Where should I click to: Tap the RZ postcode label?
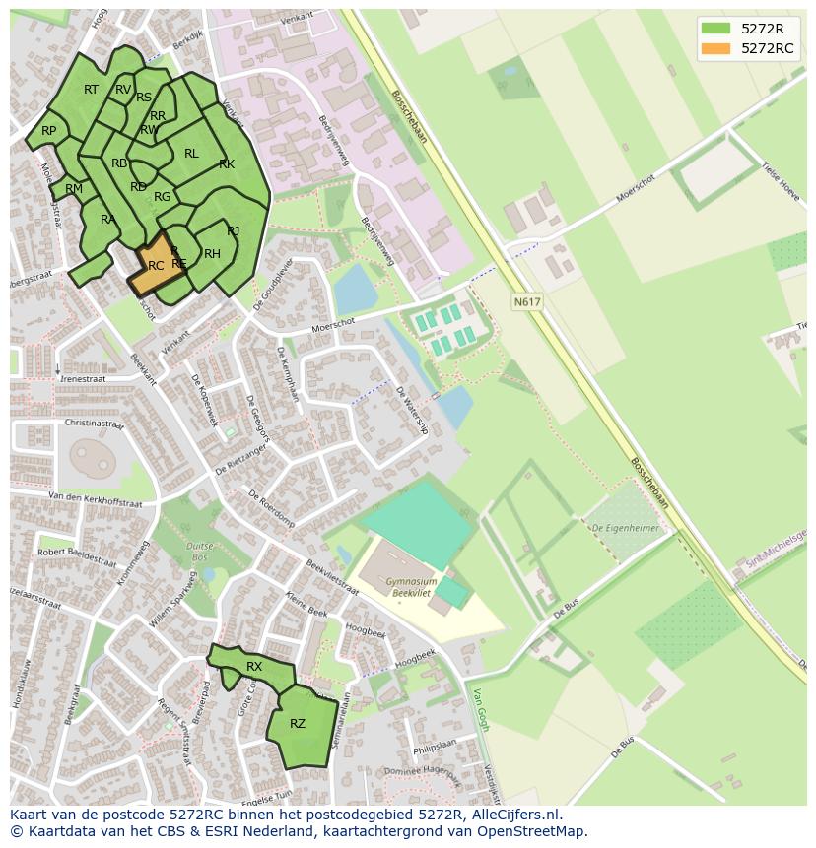coord(298,724)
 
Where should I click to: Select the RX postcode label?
coord(254,667)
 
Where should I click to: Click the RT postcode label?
coord(91,90)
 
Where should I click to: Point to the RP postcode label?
coord(48,131)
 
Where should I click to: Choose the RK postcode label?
coord(227,164)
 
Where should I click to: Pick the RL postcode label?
coord(191,154)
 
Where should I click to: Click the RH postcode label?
coord(212,254)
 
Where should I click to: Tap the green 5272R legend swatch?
coord(716,29)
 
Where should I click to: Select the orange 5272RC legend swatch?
coord(716,48)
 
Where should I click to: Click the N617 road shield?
coord(527,302)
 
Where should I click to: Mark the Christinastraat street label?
coord(94,423)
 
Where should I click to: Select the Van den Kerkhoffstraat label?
coord(96,499)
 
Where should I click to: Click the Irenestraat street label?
coord(84,377)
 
